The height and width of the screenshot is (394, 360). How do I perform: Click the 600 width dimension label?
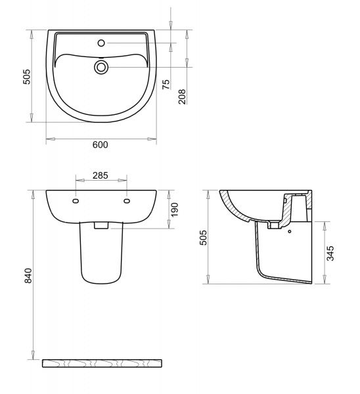pyautogui.click(x=101, y=144)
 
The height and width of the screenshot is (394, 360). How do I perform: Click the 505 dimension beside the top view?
pyautogui.click(x=26, y=77)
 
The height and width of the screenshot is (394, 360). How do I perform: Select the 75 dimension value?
pyautogui.click(x=166, y=85)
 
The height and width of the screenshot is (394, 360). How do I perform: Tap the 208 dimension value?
pyautogui.click(x=182, y=97)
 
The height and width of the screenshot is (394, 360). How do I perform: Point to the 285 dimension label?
pyautogui.click(x=101, y=175)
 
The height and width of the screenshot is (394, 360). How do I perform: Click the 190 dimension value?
pyautogui.click(x=174, y=209)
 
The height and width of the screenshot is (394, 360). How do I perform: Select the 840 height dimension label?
pyautogui.click(x=28, y=276)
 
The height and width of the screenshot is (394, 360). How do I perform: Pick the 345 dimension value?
pyautogui.click(x=330, y=253)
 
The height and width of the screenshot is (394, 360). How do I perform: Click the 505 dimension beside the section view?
pyautogui.click(x=203, y=238)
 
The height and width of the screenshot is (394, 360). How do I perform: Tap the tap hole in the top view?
pyautogui.click(x=101, y=43)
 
